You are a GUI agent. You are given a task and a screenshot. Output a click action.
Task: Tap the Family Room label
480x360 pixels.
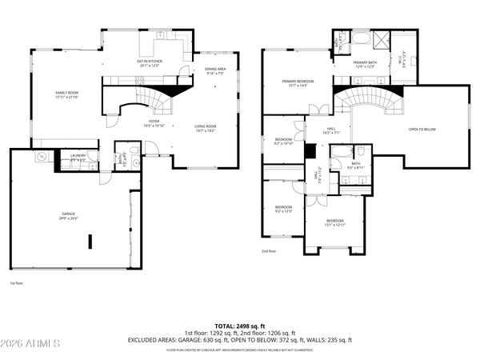(x=66, y=94)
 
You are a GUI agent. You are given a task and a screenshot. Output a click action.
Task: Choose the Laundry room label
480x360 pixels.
(x=78, y=157)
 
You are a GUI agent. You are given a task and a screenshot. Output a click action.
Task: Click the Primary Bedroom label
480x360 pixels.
(x=296, y=82)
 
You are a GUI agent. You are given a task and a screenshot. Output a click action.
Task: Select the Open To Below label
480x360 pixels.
(x=422, y=129)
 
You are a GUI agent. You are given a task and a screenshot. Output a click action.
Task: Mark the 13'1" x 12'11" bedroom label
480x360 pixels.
(x=334, y=222)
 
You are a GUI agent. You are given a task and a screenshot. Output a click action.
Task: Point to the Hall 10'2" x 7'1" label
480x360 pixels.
(x=330, y=130)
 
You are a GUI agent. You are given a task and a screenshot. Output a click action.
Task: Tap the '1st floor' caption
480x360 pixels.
(x=17, y=283)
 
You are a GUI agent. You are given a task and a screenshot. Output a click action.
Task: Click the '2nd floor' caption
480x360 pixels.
(x=269, y=251)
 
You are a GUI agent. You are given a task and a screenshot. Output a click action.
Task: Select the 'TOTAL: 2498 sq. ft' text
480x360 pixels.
(x=240, y=326)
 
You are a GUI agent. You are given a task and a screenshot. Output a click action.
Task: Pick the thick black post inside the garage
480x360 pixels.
(x=90, y=242)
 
